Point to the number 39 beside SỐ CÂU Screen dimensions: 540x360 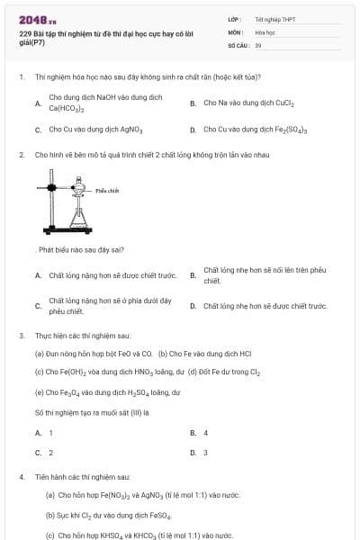[x=258, y=44]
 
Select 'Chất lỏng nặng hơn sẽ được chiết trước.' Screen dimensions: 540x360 [x=112, y=275]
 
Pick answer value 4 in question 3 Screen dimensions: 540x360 [x=205, y=433]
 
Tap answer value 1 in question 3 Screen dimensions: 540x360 [x=50, y=433]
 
